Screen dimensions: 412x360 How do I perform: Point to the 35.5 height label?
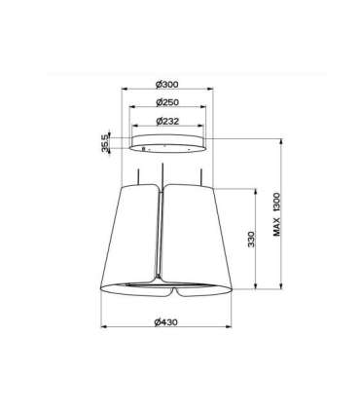tap(105, 144)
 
